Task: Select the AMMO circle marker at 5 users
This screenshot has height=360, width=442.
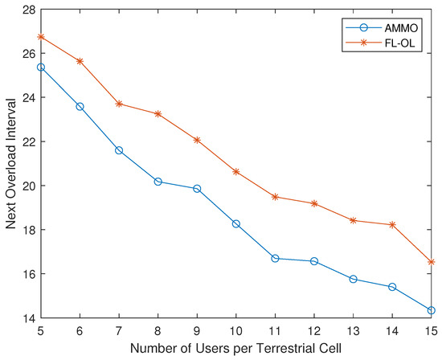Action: pos(40,67)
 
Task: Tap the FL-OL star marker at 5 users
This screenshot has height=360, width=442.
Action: pos(40,37)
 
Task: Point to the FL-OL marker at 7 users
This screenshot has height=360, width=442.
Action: pos(119,104)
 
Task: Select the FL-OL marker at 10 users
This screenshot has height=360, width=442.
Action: pos(236,172)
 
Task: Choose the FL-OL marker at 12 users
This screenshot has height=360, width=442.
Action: pos(314,203)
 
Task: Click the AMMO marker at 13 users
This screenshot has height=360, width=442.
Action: pos(354,279)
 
